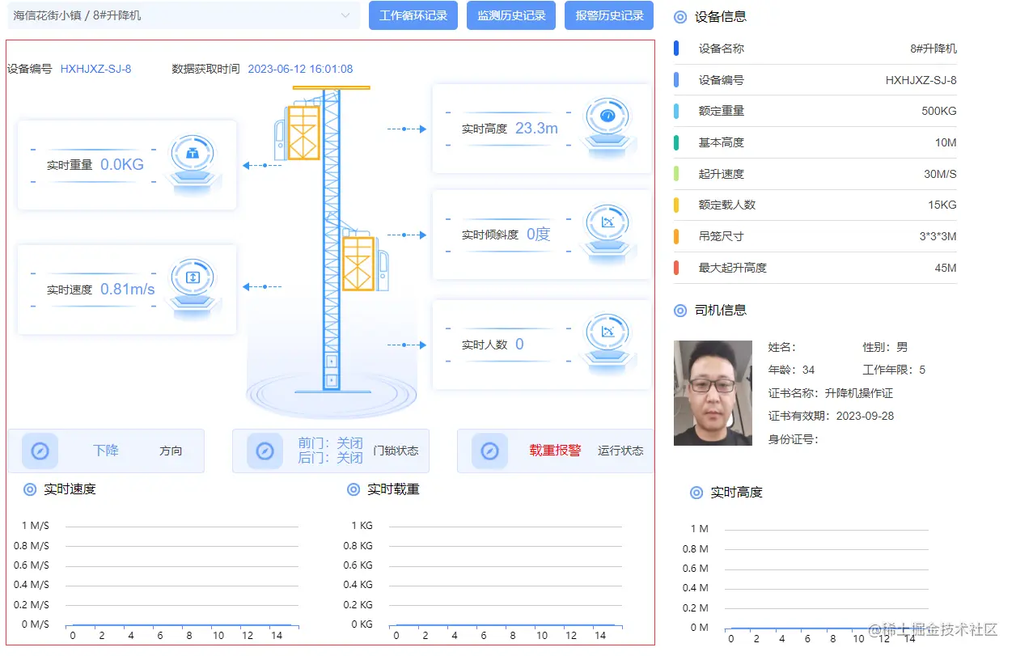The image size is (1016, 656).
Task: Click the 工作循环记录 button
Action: tap(413, 15)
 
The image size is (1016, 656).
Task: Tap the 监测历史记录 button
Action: tap(511, 15)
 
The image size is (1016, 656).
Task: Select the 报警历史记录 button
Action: tap(609, 15)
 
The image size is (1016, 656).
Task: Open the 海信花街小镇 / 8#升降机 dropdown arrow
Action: tap(345, 15)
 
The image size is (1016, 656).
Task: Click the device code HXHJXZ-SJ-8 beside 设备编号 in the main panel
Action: tap(95, 69)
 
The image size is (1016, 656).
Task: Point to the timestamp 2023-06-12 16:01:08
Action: tap(300, 69)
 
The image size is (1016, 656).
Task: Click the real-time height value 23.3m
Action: tap(536, 128)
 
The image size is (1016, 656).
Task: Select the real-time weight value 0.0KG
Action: tap(122, 164)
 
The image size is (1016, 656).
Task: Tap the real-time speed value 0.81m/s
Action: tap(127, 289)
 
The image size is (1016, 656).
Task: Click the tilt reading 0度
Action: tap(538, 235)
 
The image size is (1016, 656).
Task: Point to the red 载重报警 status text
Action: tap(555, 451)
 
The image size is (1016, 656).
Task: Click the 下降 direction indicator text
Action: tap(106, 451)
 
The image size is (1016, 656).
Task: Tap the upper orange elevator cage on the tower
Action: tap(303, 133)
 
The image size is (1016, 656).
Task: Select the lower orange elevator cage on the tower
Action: tap(358, 263)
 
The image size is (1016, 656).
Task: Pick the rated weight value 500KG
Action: tap(938, 111)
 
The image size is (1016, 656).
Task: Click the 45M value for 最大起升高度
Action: tap(945, 268)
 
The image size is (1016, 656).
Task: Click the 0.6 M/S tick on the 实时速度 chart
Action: tap(32, 565)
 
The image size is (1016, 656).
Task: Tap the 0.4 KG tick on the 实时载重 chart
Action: tap(358, 585)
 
